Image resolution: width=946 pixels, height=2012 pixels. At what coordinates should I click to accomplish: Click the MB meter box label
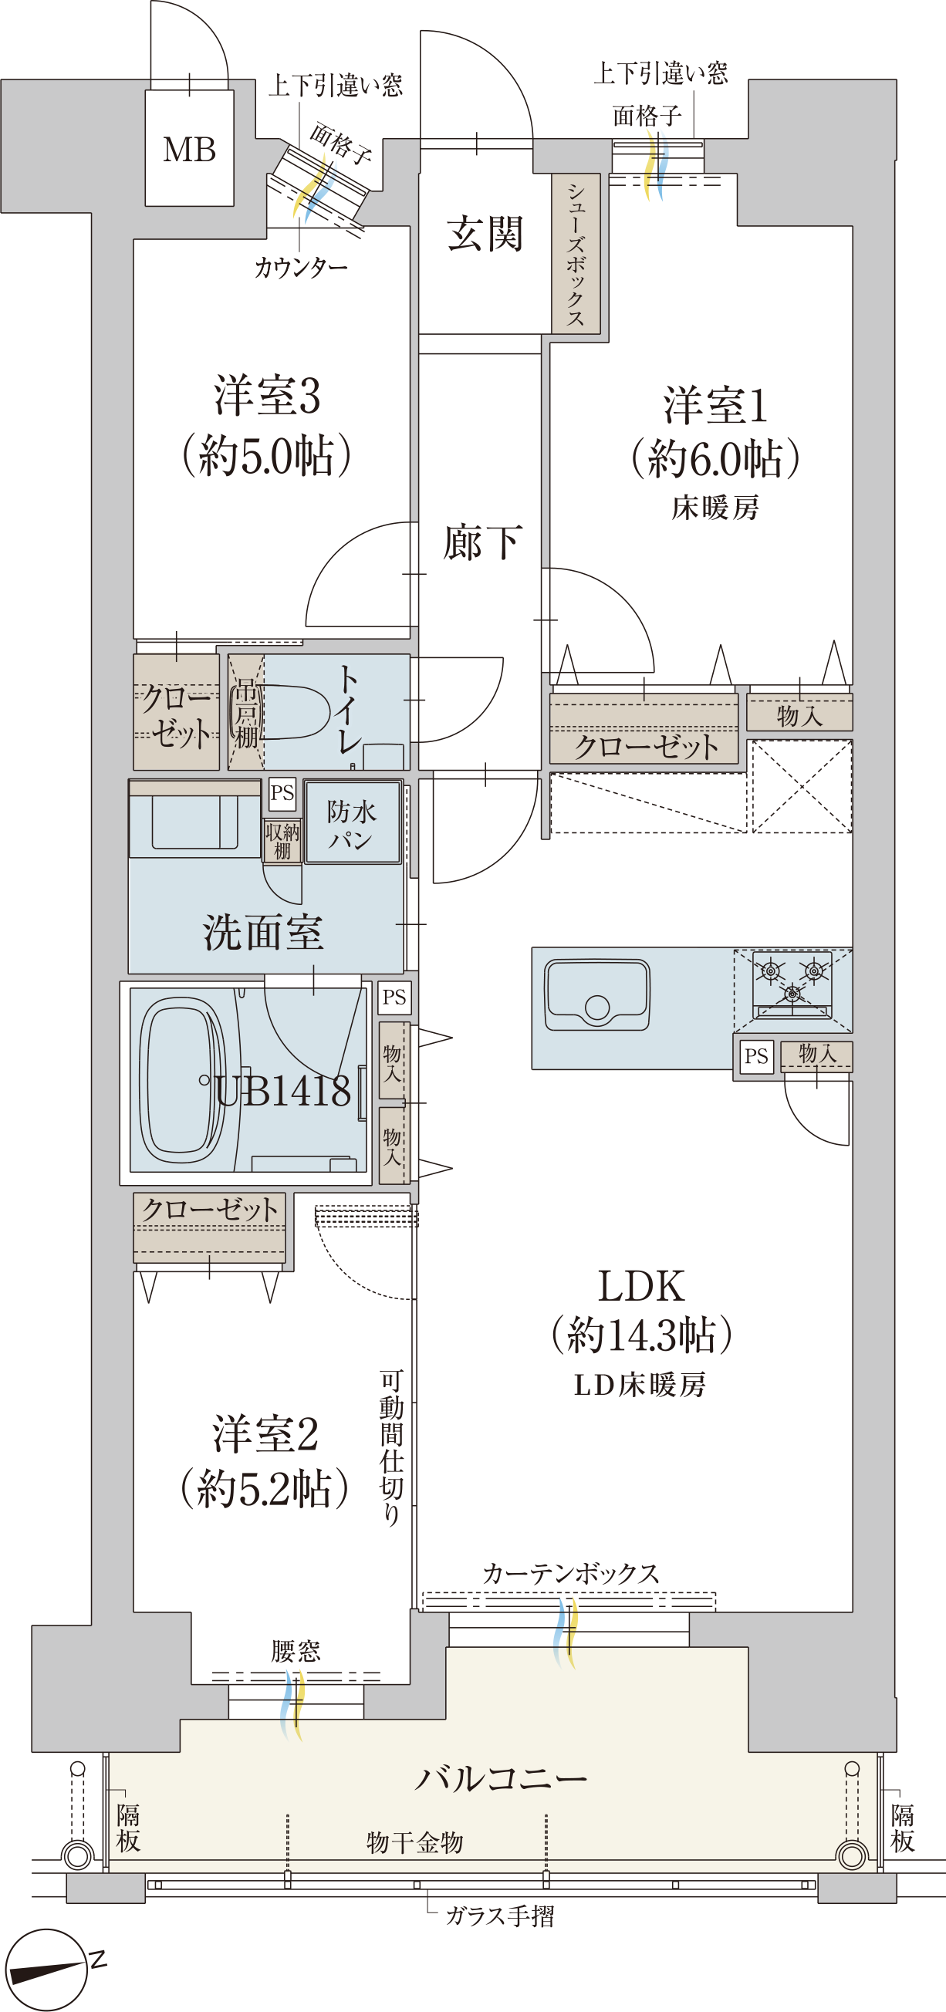[x=189, y=149]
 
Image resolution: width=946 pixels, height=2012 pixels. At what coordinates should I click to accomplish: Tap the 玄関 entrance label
[x=485, y=234]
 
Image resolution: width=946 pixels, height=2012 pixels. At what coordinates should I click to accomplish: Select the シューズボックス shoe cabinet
[x=576, y=254]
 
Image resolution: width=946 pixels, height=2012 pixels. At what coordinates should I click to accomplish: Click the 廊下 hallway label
[x=482, y=542]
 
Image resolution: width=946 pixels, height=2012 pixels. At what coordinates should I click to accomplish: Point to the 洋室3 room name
[x=267, y=395]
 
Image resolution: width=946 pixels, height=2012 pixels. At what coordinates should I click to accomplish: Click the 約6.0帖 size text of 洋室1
[x=715, y=457]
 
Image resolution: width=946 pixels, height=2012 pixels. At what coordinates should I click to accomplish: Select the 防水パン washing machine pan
[x=353, y=822]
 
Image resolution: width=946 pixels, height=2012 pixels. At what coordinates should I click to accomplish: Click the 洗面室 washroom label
[x=262, y=932]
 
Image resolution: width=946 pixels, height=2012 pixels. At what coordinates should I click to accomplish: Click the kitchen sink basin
[x=597, y=994]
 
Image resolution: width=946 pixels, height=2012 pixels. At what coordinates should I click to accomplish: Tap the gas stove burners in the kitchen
[x=792, y=982]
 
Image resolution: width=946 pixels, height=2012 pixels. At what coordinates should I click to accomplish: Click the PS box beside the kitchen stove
[x=755, y=1056]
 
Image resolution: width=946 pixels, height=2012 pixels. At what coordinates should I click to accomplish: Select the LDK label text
[x=641, y=1285]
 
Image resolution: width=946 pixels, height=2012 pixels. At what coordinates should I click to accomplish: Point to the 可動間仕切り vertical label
[x=391, y=1448]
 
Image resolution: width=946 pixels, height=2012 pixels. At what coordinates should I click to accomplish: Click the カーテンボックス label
[x=571, y=1573]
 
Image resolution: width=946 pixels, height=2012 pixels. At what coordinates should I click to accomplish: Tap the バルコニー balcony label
[x=501, y=1778]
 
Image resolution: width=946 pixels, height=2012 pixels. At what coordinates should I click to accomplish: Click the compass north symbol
[x=47, y=1969]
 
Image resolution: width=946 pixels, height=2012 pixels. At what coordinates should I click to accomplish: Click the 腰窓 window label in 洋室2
[x=296, y=1650]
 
